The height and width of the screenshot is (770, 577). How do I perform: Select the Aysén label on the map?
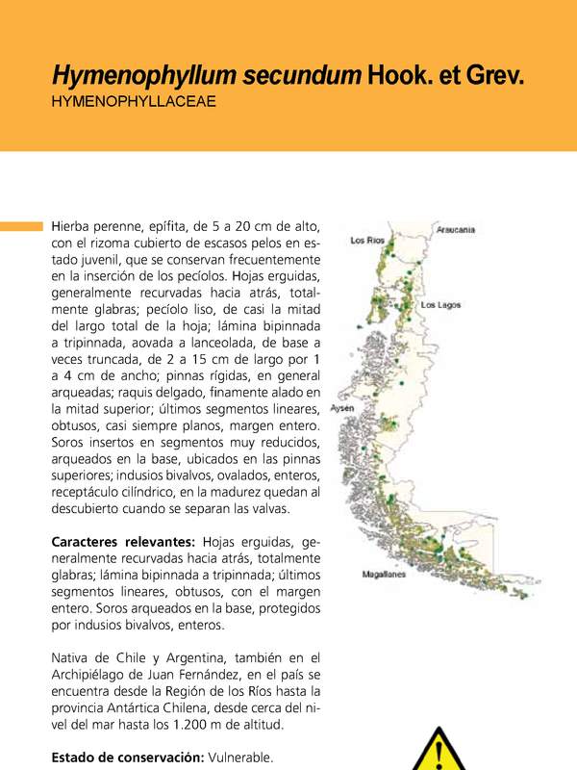tap(343, 408)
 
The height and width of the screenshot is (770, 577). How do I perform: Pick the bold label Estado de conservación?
tap(126, 758)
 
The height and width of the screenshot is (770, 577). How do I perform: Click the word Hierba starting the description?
tap(72, 225)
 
